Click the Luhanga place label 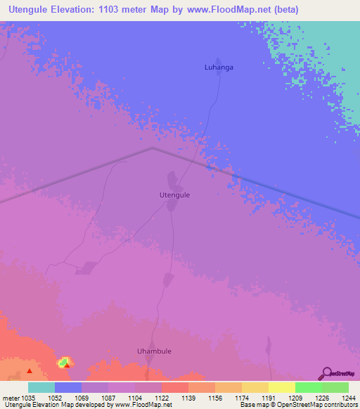click(218, 67)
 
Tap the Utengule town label click(175, 195)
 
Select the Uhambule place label click(154, 351)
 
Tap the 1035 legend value click(29, 398)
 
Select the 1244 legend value click(341, 398)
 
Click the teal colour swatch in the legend click(41, 387)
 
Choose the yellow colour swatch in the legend click(282, 387)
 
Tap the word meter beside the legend click(11, 398)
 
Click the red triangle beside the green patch click(67, 365)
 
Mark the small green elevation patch click(63, 361)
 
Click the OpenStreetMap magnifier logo click(326, 373)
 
